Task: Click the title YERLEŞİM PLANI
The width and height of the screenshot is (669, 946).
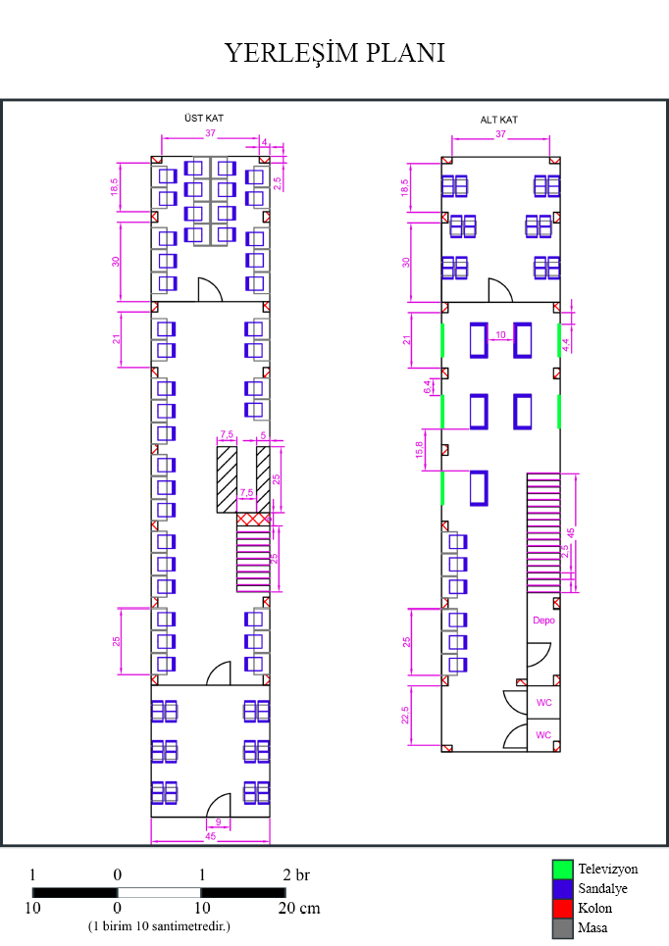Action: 334,53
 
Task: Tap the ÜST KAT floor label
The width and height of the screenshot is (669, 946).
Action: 204,118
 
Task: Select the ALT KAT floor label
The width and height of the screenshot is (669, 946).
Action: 498,120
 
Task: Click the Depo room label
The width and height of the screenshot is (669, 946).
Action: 543,621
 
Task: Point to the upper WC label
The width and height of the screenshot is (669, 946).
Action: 543,703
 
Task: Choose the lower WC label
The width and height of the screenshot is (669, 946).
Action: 543,734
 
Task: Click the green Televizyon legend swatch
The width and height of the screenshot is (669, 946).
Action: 562,870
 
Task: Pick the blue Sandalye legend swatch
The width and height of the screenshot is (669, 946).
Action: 562,889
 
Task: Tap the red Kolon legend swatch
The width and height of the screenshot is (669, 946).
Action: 562,909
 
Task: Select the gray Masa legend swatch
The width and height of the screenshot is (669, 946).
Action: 562,927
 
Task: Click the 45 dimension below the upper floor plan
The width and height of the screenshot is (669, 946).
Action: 210,836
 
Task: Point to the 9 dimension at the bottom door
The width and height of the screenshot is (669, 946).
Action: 218,822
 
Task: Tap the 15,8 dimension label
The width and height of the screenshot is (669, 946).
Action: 422,449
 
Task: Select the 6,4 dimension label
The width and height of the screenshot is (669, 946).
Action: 427,385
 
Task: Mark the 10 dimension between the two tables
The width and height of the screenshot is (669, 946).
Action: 500,335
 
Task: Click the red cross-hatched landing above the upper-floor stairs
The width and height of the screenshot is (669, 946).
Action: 254,518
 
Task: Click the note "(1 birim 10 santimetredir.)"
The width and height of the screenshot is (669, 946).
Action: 159,926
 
